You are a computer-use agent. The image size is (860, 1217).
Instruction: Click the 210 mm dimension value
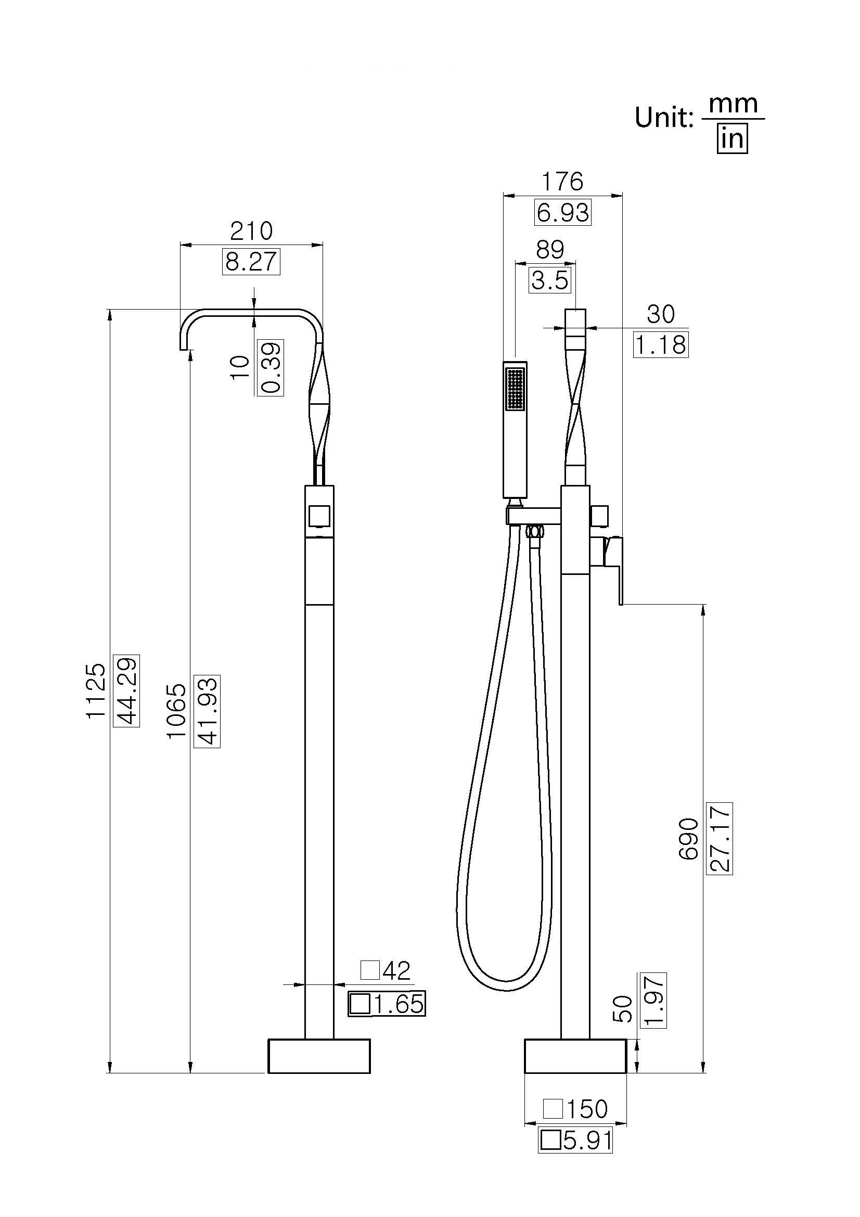click(x=251, y=232)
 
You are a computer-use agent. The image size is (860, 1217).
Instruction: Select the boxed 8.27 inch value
click(x=251, y=262)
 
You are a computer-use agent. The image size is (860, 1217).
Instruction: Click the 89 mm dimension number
click(x=549, y=250)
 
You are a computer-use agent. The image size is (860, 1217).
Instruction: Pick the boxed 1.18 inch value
click(x=660, y=345)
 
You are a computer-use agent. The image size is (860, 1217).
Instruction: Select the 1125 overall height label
click(x=96, y=691)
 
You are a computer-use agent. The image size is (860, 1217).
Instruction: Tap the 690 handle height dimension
click(x=689, y=839)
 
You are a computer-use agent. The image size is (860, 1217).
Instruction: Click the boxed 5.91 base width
click(x=575, y=1140)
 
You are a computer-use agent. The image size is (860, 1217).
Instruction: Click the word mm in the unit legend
click(x=733, y=104)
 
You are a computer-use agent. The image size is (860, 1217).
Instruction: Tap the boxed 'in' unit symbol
click(x=733, y=139)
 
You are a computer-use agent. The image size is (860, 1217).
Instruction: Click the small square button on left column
click(x=319, y=516)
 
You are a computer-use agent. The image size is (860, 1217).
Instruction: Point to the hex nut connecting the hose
click(x=536, y=531)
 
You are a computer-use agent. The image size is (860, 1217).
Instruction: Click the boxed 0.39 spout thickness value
click(x=270, y=367)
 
